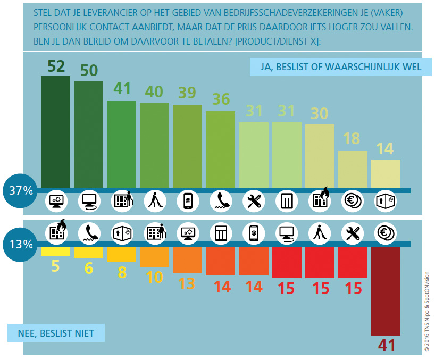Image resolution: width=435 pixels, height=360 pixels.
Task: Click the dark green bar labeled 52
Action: tap(55, 131)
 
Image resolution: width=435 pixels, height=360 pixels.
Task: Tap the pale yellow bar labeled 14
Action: tap(386, 173)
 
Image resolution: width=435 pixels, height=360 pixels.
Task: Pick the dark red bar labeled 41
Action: tap(386, 290)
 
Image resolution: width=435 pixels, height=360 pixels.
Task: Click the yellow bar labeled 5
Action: tap(55, 251)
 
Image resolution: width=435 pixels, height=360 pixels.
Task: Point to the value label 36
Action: tap(220, 100)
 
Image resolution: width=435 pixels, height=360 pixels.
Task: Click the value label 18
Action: tap(352, 139)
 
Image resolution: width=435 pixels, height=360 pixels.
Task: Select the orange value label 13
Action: tap(187, 283)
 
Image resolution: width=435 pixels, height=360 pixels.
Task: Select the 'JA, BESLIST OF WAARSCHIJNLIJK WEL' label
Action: tap(336, 67)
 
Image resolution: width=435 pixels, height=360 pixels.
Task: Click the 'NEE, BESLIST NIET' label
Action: tap(56, 333)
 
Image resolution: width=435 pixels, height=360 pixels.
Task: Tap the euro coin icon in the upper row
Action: tap(353, 201)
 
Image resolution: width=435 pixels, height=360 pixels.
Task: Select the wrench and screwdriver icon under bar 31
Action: tap(254, 201)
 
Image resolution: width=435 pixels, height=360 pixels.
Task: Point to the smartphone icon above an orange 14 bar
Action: tap(254, 232)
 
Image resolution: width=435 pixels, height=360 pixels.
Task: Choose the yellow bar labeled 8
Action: tap(121, 254)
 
